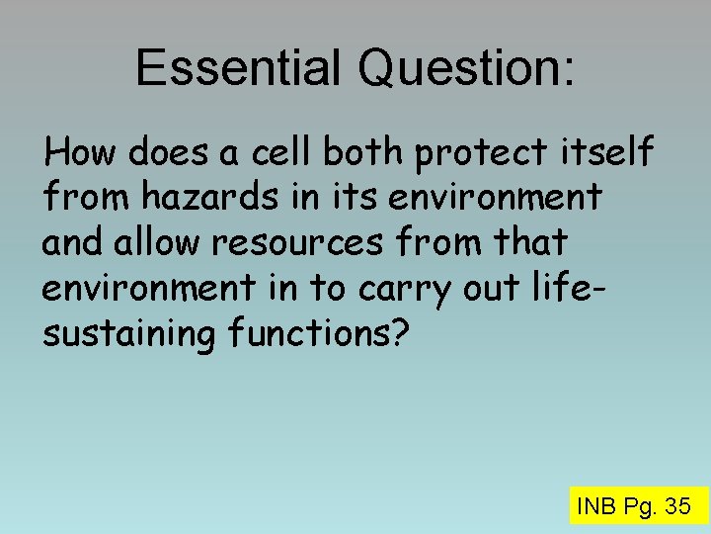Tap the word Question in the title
tap(460, 67)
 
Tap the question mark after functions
tap(398, 334)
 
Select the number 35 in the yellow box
tap(677, 507)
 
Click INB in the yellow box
tap(596, 507)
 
